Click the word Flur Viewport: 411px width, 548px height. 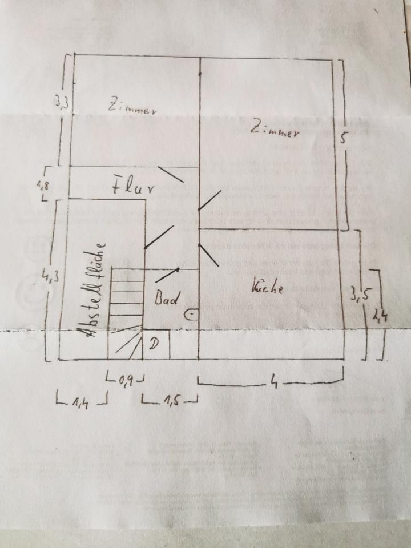[134, 187]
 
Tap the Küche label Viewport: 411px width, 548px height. [267, 288]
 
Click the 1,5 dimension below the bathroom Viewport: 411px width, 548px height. [170, 403]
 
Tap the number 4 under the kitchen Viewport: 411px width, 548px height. [275, 383]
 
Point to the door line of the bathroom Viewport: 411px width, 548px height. [166, 275]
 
